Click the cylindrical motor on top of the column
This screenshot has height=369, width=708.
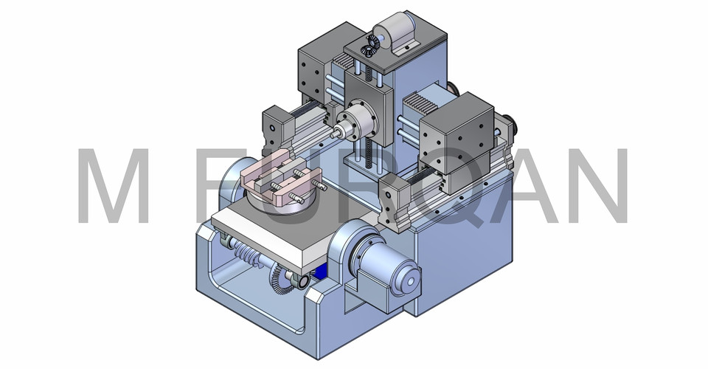click(388, 32)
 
